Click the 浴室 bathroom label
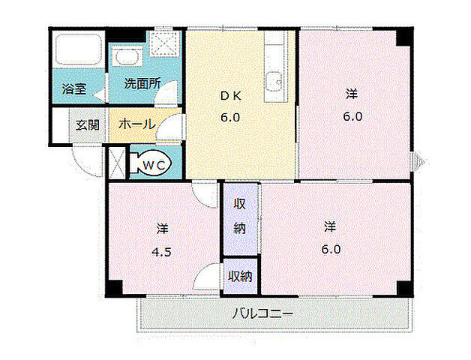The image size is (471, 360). [74, 88]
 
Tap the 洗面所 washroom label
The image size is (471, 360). [142, 84]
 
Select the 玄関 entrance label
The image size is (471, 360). [87, 124]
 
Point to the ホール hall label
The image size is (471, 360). [137, 124]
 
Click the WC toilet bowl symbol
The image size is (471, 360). [154, 163]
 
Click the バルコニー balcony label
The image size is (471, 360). [262, 313]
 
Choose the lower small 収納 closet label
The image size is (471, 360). [240, 277]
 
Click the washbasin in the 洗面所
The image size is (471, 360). [124, 59]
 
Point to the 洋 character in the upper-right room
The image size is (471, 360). [352, 94]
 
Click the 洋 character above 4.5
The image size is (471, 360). [163, 227]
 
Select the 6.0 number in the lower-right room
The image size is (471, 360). [332, 249]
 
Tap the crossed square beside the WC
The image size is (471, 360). [116, 163]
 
